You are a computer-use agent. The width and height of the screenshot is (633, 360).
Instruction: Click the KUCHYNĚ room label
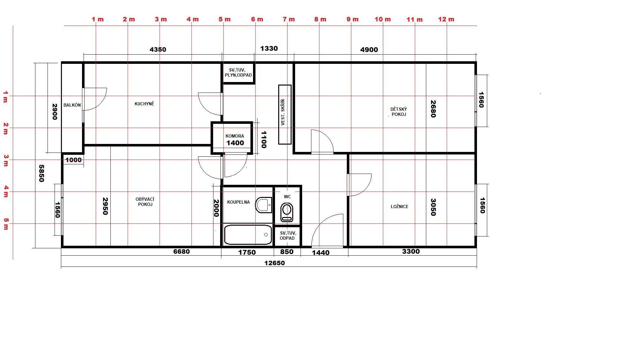144,104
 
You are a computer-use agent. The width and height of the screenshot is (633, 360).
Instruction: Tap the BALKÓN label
72,105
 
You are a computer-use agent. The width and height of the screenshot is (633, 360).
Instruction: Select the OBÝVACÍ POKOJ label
145,202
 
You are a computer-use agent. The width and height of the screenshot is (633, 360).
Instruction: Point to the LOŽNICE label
399,206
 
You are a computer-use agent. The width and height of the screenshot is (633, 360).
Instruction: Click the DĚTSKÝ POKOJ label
399,112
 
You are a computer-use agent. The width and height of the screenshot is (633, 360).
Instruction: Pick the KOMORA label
235,136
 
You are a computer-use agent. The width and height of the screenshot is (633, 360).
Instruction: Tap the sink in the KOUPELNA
264,205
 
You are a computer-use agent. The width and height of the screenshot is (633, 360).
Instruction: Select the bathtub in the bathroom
248,235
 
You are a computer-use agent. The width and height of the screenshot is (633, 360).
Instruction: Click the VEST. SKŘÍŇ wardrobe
285,114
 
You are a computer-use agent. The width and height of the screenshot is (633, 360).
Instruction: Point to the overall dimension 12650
274,263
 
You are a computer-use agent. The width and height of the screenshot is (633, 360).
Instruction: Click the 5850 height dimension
41,173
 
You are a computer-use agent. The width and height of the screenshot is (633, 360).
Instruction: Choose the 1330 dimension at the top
269,49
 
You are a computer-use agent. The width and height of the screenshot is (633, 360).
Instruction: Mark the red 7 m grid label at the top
288,19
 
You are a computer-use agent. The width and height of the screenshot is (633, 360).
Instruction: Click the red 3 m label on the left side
6,161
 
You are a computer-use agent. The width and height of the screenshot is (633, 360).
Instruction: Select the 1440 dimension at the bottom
320,253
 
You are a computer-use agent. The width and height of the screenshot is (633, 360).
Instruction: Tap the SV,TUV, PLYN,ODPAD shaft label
238,72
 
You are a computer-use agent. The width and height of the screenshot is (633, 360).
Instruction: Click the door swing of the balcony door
96,99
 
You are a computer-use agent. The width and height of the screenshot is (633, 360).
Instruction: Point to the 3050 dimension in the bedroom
433,207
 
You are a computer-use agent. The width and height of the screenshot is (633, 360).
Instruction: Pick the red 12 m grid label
446,19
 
